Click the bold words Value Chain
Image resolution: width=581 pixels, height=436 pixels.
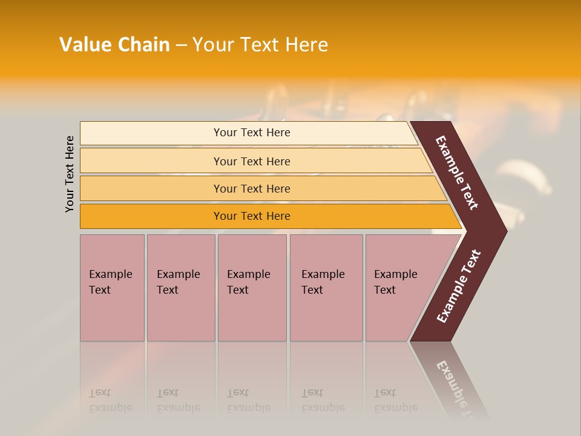coord(114,45)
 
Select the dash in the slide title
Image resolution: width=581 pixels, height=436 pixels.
coord(181,45)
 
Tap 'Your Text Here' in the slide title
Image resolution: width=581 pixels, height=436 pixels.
coord(260,45)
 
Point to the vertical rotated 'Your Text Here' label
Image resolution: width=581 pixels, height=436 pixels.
coord(70,174)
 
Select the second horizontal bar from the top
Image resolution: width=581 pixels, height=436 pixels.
coord(251,161)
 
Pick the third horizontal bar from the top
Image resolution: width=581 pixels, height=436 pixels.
coord(251,188)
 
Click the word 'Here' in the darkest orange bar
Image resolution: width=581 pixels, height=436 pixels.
coord(277,216)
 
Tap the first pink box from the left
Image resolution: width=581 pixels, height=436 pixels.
coord(112,288)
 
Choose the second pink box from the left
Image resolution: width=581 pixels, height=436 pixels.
coord(181,288)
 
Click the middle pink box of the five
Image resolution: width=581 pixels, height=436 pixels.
coord(252,288)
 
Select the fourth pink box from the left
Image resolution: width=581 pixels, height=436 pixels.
coord(326,288)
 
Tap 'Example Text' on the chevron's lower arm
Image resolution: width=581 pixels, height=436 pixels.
coord(459,286)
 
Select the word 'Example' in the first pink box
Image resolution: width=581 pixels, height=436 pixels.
coord(110,274)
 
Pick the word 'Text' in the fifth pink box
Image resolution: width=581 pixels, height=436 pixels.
coord(384,290)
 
